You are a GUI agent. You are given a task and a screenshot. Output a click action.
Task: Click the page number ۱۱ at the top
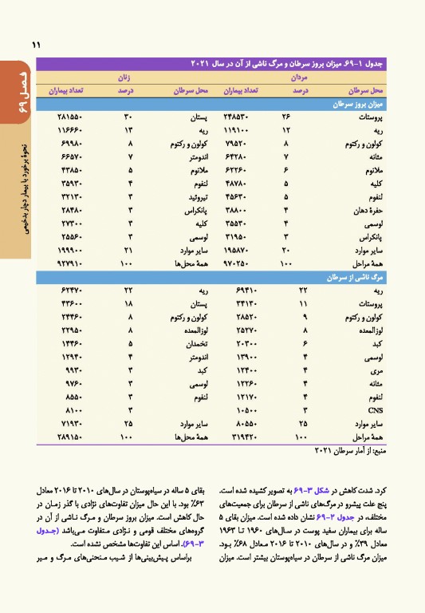tap(35, 45)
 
